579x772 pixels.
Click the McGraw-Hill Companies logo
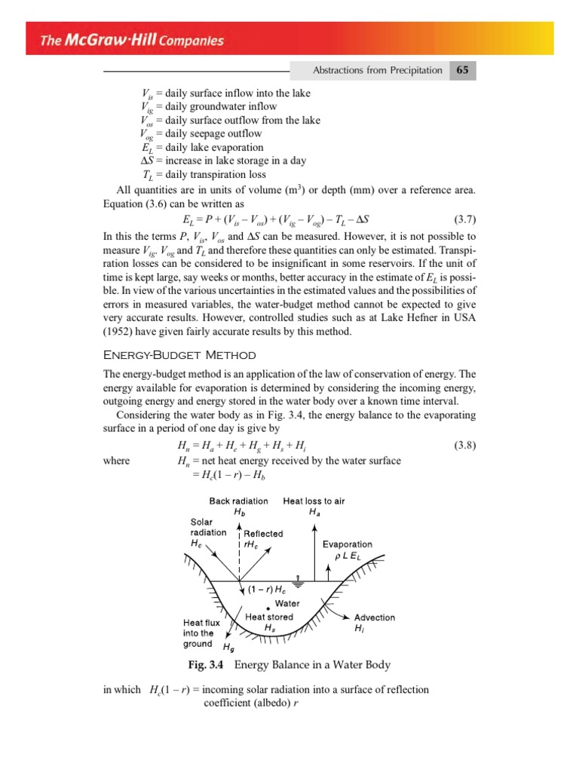[132, 39]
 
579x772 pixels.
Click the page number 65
[462, 70]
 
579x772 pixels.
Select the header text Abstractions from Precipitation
[378, 71]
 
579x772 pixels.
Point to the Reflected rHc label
[262, 539]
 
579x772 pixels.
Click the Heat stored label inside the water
[269, 621]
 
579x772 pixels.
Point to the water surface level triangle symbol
[299, 582]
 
